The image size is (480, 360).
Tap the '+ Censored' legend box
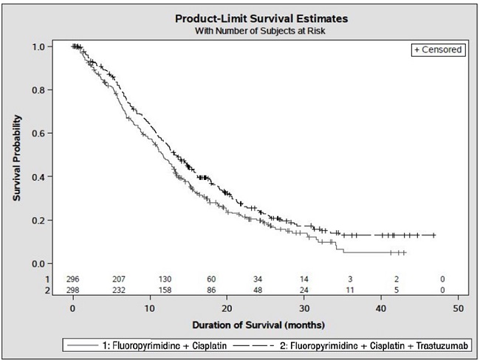438,49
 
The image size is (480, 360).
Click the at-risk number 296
72,280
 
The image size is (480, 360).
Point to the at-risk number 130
165,280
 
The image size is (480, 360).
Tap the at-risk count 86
211,290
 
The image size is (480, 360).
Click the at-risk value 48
257,290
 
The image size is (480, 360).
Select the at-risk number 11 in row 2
350,290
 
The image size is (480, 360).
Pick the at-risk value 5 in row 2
397,290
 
